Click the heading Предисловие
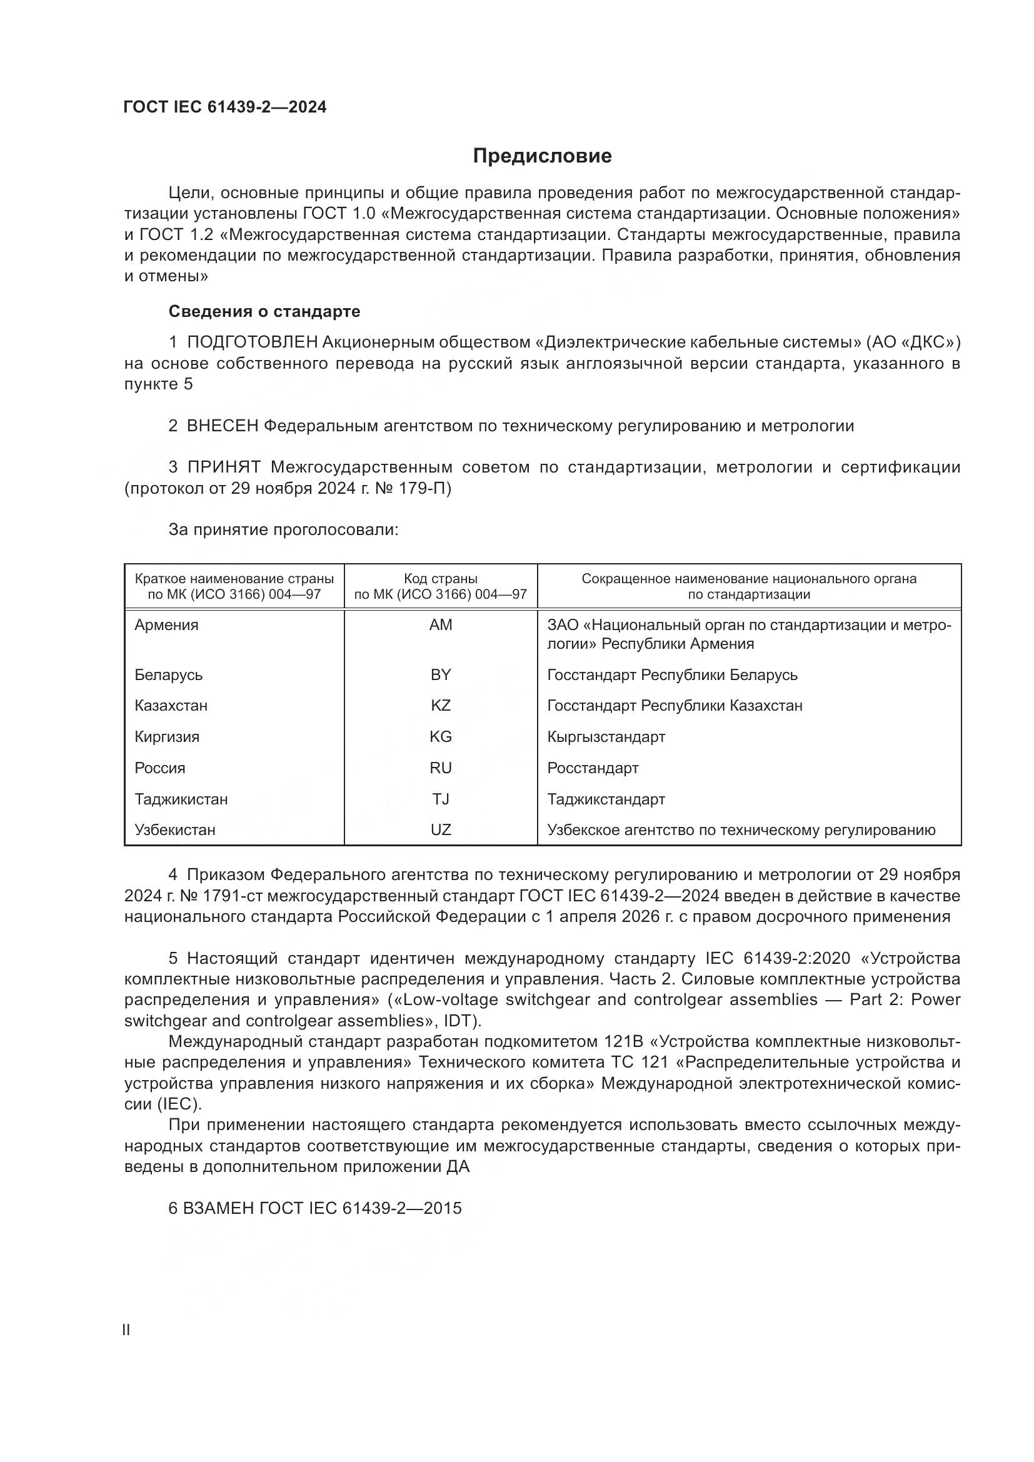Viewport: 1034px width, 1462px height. tap(542, 156)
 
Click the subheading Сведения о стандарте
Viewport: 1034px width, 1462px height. tap(264, 311)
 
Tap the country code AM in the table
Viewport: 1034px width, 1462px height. tap(441, 624)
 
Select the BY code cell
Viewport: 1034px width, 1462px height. tap(441, 674)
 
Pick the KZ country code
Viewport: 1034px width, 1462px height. tap(441, 706)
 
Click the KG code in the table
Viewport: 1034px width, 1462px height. tap(441, 737)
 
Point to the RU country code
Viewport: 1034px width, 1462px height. tap(441, 768)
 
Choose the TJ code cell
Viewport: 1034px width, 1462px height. tap(441, 799)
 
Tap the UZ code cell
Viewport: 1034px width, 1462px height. tap(441, 830)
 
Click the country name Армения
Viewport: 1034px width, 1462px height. tap(166, 624)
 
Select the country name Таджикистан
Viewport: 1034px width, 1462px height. tap(181, 799)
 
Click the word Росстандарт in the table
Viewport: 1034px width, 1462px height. tap(592, 768)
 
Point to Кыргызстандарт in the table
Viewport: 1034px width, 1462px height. tap(606, 737)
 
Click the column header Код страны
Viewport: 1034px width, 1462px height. tap(441, 579)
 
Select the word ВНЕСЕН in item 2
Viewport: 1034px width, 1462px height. tap(223, 426)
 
